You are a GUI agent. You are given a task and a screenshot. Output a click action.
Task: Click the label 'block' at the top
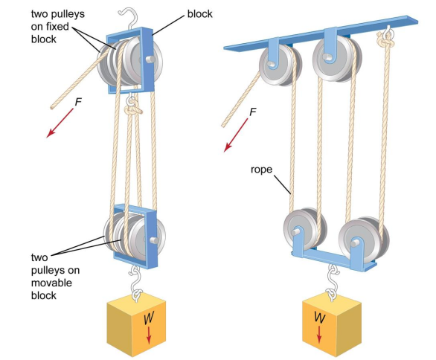point(199,14)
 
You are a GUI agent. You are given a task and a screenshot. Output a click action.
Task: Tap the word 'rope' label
point(261,170)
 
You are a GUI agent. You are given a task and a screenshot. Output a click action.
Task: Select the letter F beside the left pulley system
point(78,102)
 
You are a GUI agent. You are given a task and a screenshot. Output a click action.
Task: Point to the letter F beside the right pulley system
point(252,112)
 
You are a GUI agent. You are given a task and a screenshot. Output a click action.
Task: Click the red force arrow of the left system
point(60,123)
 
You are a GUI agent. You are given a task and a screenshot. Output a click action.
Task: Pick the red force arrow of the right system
point(236,135)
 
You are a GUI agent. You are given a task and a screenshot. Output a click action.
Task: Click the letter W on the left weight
point(149,318)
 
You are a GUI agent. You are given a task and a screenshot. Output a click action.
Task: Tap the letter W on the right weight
point(319,317)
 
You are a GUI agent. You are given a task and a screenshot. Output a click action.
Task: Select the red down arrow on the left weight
point(149,335)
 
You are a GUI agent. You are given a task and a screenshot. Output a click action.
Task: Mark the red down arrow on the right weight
point(319,334)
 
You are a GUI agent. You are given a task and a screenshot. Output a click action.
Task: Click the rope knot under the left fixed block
point(133,109)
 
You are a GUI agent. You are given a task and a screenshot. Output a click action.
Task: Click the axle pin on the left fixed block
point(150,60)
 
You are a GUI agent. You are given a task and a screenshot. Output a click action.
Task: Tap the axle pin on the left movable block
point(154,240)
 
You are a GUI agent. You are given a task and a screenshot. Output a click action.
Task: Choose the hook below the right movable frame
point(332,282)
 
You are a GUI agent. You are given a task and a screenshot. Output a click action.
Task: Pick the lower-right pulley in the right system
point(363,241)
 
